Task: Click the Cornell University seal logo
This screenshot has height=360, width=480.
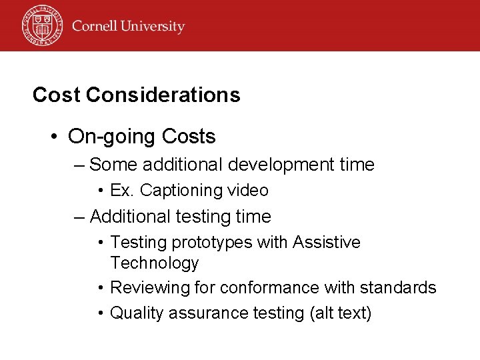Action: coord(41,25)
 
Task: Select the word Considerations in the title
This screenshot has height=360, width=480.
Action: coord(163,95)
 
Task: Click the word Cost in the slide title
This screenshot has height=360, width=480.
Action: coord(57,95)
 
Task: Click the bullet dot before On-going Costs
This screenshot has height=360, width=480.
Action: coord(55,137)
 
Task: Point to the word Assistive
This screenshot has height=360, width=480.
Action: coord(327,242)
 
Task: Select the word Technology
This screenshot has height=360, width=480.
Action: coord(155,263)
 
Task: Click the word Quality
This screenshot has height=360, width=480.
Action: coord(135,313)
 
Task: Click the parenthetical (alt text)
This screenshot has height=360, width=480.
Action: coord(338,313)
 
